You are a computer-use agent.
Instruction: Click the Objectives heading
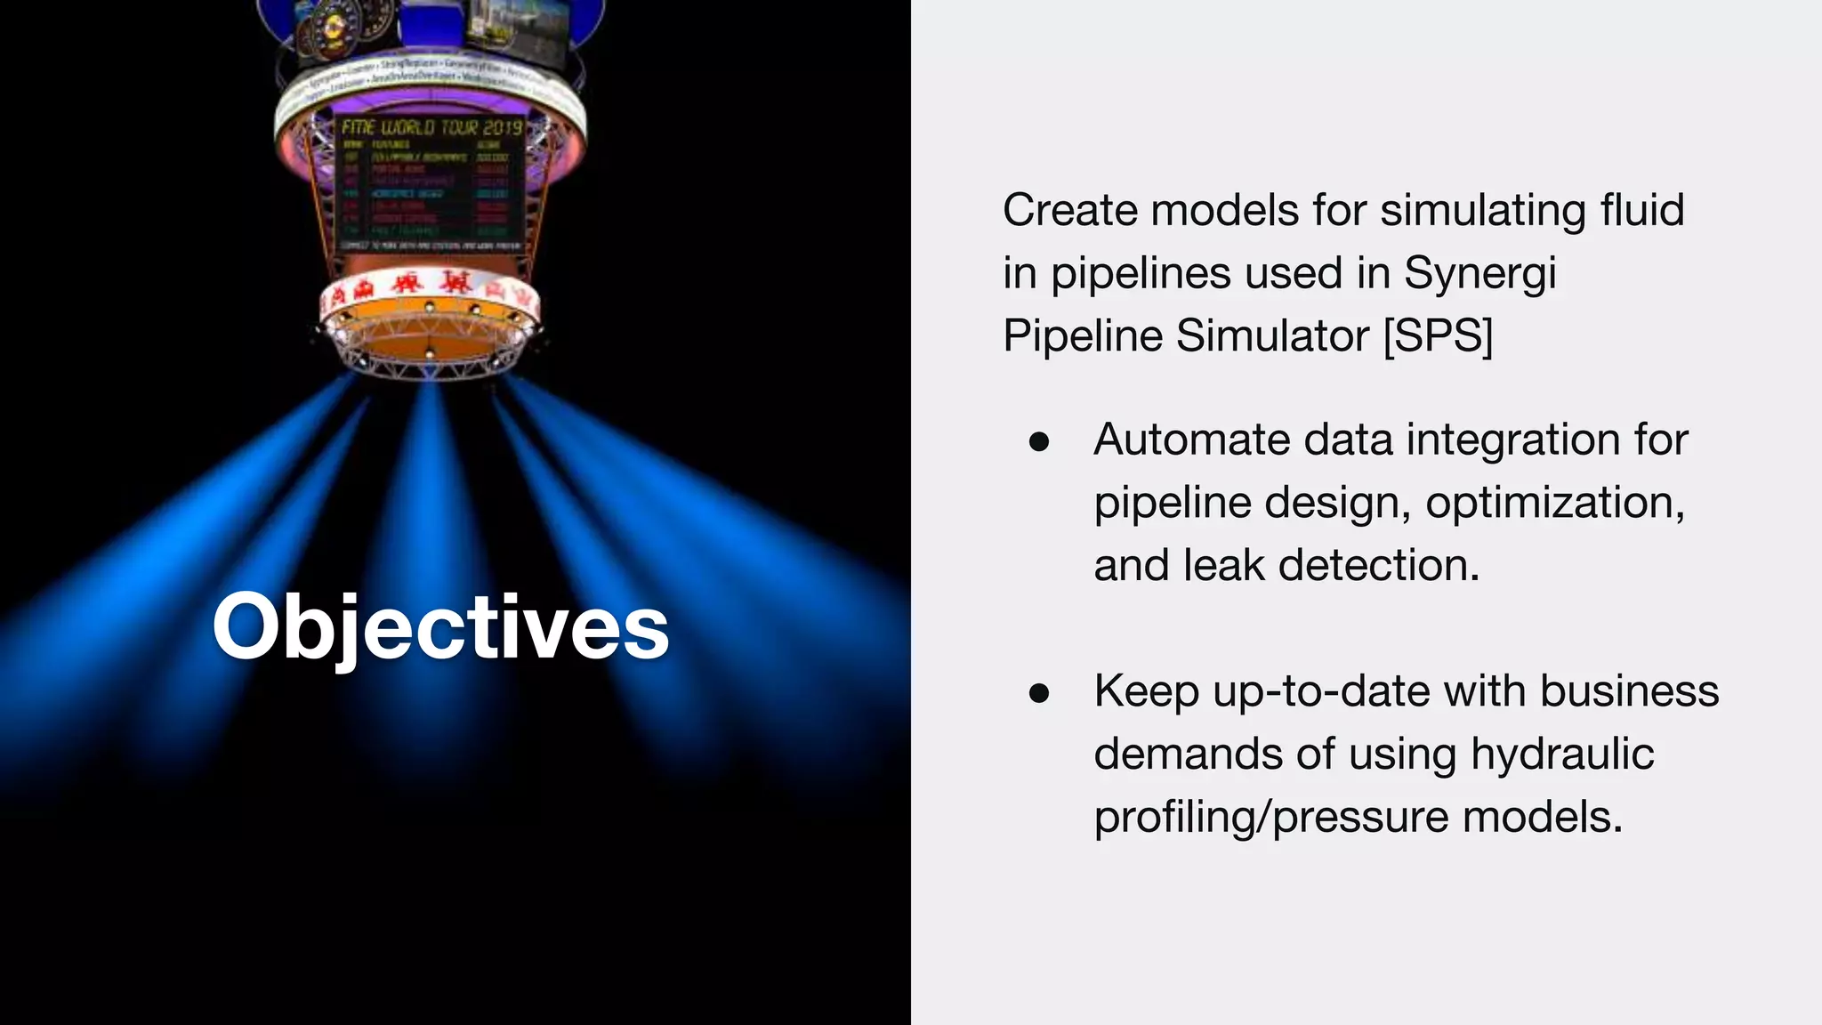tap(440, 628)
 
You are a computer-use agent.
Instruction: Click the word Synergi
tap(1479, 273)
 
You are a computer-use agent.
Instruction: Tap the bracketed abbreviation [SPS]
tap(1438, 336)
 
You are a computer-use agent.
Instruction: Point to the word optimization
tap(1555, 503)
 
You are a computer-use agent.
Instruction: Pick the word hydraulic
tap(1562, 754)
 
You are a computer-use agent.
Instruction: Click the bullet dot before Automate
tap(1038, 442)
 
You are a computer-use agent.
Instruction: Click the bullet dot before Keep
tap(1038, 693)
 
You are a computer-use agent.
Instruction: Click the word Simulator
tap(1271, 336)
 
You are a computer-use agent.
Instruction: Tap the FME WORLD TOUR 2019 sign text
tap(431, 127)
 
